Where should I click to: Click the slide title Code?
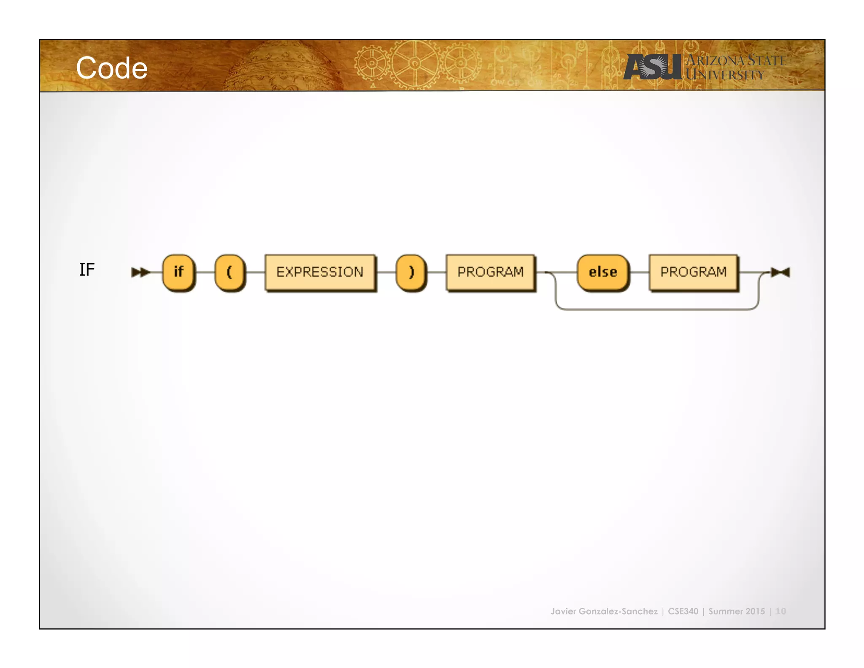pyautogui.click(x=112, y=68)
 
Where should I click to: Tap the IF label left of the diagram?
pyautogui.click(x=87, y=269)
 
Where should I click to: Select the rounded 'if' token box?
pyautogui.click(x=179, y=272)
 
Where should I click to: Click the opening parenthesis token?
pyautogui.click(x=230, y=272)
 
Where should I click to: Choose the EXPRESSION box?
pyautogui.click(x=320, y=272)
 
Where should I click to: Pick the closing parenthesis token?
pyautogui.click(x=411, y=272)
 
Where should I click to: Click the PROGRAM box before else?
pyautogui.click(x=490, y=272)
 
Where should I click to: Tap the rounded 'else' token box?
pyautogui.click(x=603, y=272)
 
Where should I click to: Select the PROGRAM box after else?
pyautogui.click(x=693, y=272)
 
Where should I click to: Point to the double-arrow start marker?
pyautogui.click(x=140, y=272)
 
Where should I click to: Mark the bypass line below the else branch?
pyautogui.click(x=657, y=310)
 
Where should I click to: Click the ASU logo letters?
pyautogui.click(x=652, y=67)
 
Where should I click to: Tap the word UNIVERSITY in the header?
pyautogui.click(x=725, y=75)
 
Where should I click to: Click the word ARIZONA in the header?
pyautogui.click(x=715, y=60)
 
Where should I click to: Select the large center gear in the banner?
pyautogui.click(x=415, y=63)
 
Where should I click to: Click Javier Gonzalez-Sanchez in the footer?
pyautogui.click(x=604, y=611)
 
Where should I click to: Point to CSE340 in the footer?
pyautogui.click(x=683, y=611)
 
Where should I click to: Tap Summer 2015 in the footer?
pyautogui.click(x=736, y=611)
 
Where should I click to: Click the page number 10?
pyautogui.click(x=780, y=611)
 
